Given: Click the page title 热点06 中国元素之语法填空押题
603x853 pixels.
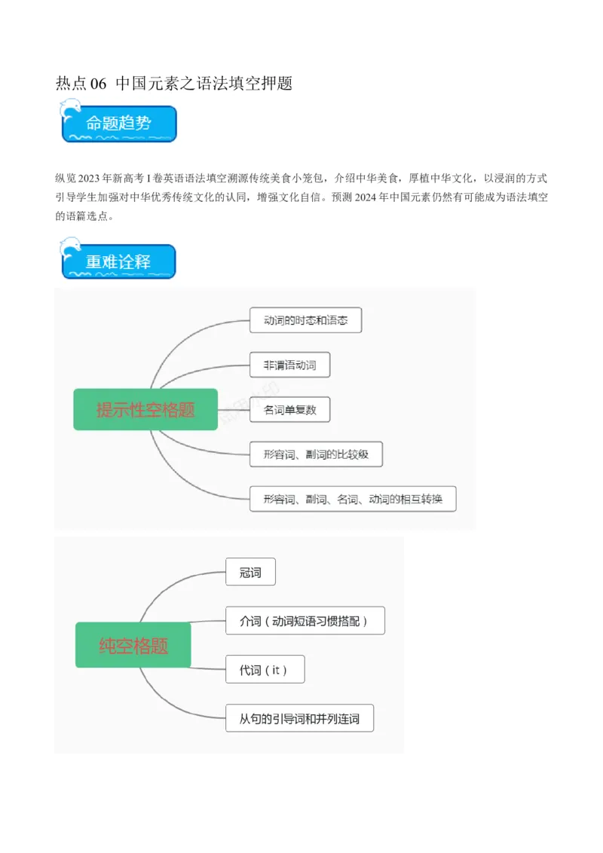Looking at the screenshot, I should pos(173,84).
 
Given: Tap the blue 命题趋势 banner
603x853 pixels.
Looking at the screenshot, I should pos(119,124).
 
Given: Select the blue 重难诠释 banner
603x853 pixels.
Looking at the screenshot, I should pos(119,261).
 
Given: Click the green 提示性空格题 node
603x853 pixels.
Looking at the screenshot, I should pos(145,409).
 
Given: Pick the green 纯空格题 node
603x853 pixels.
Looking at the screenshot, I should pos(133,645).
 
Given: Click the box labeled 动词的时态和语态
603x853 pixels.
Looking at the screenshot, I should pos(305,320).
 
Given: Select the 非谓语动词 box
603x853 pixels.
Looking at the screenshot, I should pos(289,365).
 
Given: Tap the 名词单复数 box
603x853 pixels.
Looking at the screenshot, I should pos(289,410).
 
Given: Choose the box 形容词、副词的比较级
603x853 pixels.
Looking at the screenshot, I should pos(316,454).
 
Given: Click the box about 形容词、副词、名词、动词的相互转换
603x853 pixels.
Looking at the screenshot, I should pos(352,499).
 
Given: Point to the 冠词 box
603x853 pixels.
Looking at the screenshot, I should pos(250,572).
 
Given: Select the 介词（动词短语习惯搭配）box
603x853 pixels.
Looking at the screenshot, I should pos(305,621).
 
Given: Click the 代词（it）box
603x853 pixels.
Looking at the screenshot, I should pos(265,669).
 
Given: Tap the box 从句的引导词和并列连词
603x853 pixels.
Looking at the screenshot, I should pos(299,718).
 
